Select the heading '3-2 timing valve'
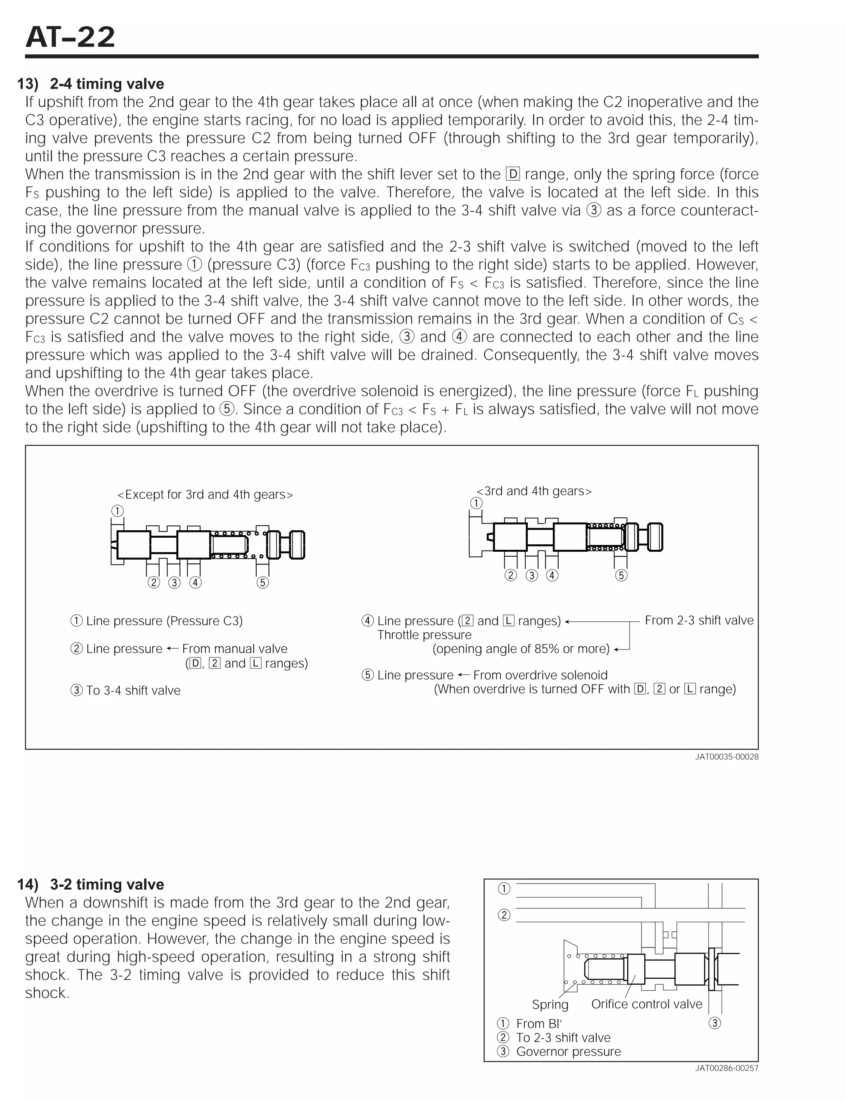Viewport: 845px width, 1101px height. point(106,884)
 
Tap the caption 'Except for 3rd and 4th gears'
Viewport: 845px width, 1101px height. point(205,494)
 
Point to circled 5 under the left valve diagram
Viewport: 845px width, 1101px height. point(262,582)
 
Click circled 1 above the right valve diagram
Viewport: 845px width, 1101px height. point(476,503)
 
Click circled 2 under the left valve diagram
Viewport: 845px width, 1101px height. point(153,582)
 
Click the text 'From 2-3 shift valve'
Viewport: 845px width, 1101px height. point(699,620)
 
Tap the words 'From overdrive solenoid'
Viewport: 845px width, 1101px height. point(540,675)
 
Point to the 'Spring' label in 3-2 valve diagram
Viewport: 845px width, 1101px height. point(550,1004)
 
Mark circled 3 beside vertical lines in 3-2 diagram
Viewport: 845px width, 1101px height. point(714,1023)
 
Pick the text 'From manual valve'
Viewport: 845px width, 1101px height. point(234,649)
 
